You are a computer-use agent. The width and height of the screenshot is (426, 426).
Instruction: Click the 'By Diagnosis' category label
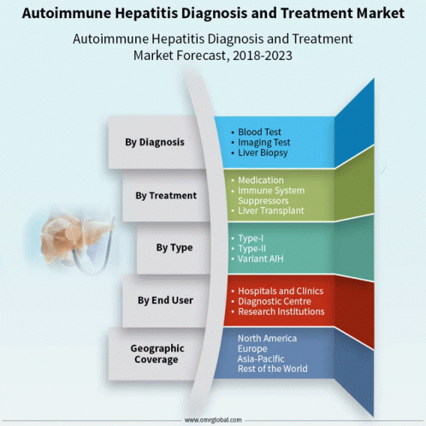(155, 142)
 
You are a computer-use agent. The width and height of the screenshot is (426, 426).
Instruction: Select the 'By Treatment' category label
(166, 196)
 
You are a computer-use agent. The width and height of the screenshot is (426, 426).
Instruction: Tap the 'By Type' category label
(175, 247)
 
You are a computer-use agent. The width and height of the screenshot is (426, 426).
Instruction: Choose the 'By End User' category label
(165, 300)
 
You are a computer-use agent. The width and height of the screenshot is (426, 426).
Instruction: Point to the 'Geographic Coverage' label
(157, 354)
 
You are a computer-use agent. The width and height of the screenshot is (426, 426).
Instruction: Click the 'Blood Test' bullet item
(259, 132)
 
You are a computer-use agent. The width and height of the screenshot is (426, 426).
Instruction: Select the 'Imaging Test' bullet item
(264, 142)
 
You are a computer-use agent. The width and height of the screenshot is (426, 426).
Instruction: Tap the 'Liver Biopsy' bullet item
(263, 153)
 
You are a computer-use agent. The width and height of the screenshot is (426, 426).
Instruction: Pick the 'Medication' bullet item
(261, 180)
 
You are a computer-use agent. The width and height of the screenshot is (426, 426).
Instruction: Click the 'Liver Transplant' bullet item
(271, 210)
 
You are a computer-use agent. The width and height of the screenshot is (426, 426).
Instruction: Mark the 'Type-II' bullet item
(251, 249)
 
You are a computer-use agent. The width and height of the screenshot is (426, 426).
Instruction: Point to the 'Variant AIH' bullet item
(261, 259)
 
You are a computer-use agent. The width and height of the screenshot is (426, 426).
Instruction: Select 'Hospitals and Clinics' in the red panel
(281, 291)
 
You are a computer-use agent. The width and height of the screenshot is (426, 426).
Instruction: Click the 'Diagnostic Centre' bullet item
(275, 301)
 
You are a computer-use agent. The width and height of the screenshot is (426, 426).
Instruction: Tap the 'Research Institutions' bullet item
(281, 311)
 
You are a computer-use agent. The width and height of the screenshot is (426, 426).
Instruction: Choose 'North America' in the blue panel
(267, 339)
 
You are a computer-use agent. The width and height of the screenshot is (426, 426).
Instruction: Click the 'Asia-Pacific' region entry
(261, 358)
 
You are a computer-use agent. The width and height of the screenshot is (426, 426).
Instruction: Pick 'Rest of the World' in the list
(273, 369)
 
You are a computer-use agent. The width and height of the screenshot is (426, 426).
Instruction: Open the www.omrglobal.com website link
(213, 420)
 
